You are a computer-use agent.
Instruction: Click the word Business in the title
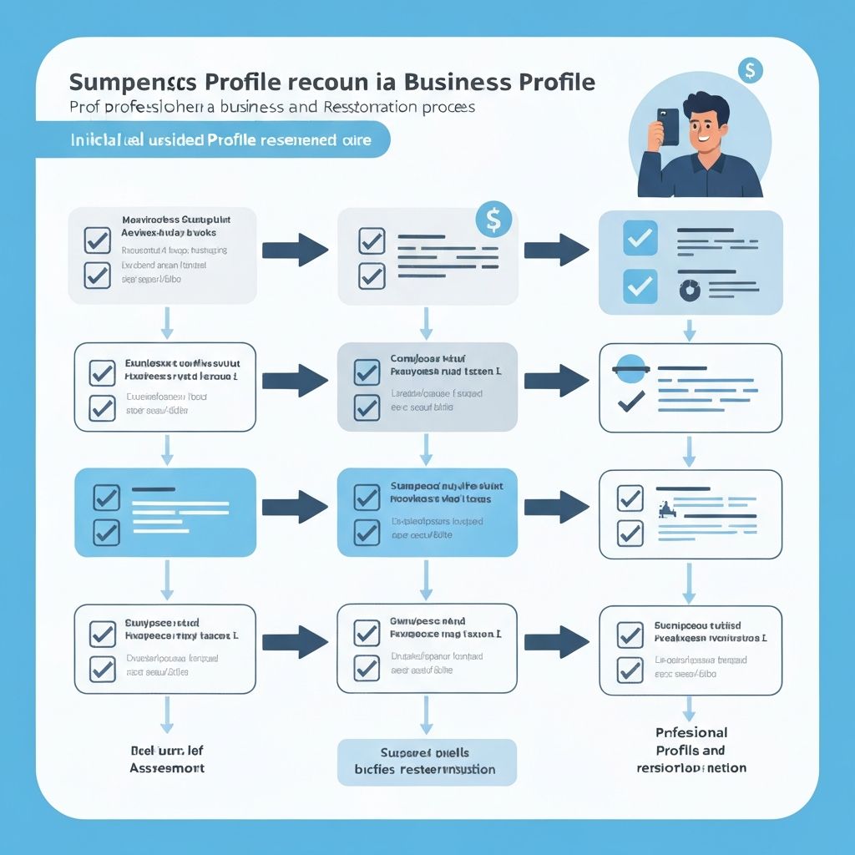(458, 82)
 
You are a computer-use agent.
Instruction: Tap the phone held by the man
(668, 127)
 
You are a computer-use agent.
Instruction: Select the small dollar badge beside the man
(750, 70)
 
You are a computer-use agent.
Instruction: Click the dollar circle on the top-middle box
(493, 220)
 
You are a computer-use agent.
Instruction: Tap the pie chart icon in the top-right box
(691, 289)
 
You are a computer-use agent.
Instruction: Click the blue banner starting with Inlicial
(213, 139)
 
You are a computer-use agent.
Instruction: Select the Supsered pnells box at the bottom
(427, 761)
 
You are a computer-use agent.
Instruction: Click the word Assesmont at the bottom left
(167, 766)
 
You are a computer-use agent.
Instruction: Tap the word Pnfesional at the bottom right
(691, 732)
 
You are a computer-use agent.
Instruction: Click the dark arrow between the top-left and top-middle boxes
(295, 249)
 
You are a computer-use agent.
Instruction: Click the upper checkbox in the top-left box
(98, 240)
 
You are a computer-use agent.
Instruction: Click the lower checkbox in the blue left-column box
(105, 531)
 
